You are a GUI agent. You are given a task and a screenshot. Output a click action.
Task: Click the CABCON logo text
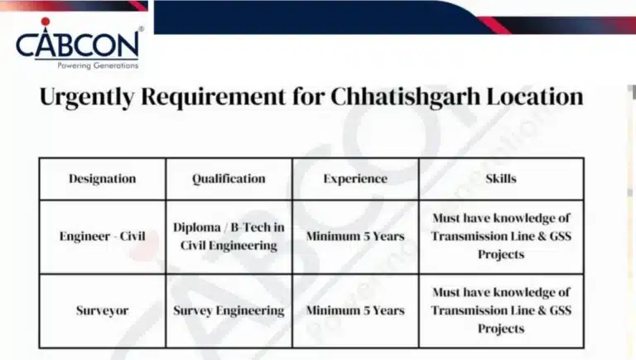coord(79,44)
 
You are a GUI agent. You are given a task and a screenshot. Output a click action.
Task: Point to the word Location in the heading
coord(529,96)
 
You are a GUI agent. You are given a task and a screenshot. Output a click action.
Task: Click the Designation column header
coord(102,179)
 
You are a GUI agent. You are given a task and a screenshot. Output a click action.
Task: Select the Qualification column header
coord(229,179)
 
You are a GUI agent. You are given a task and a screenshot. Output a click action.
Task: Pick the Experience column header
coord(354,179)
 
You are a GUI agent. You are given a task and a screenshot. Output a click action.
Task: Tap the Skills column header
coord(501,179)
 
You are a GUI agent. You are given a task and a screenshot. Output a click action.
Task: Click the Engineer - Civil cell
coord(102,236)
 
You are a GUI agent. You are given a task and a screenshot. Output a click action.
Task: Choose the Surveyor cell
coord(102,310)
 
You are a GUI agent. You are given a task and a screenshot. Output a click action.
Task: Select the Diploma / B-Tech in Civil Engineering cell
coord(229,236)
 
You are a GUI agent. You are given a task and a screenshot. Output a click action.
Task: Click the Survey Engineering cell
coord(229,310)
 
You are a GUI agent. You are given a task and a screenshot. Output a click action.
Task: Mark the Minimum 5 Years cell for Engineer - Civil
coord(354,236)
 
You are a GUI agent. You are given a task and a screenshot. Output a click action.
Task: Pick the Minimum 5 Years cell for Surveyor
coord(354,310)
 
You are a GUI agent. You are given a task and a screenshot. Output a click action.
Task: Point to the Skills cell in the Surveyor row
coord(501,310)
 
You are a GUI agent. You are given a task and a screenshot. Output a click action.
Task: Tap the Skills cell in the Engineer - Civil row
coord(501,236)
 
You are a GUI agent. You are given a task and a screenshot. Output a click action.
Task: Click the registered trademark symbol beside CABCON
coord(141,30)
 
